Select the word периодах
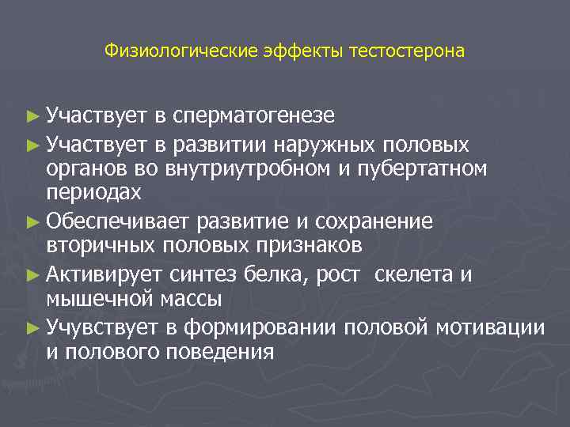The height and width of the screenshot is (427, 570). tap(93, 192)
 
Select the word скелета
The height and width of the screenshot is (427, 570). tap(414, 274)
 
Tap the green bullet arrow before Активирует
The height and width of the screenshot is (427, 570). tap(32, 275)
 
